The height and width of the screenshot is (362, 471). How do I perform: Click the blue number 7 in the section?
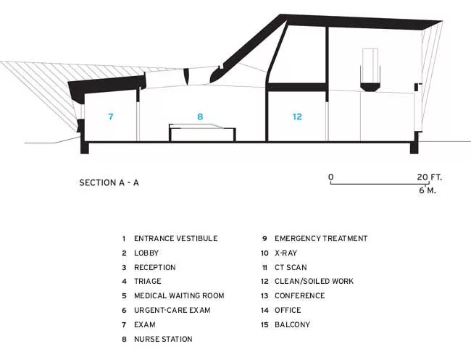pyautogui.click(x=111, y=117)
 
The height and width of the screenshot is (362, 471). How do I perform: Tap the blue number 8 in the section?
pyautogui.click(x=200, y=117)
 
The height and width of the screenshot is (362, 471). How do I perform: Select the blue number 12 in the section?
pyautogui.click(x=297, y=117)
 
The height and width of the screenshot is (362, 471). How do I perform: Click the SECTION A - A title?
pyautogui.click(x=109, y=182)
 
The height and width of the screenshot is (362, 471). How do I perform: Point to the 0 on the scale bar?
pyautogui.click(x=330, y=177)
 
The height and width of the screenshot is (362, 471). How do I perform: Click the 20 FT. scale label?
pyautogui.click(x=429, y=177)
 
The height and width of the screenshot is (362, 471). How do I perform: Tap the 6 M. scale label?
pyautogui.click(x=428, y=190)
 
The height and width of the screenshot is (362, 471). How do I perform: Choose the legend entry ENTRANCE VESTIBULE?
pyautogui.click(x=176, y=238)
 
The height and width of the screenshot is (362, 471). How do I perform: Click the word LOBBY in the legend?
pyautogui.click(x=146, y=253)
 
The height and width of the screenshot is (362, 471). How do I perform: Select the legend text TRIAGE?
pyautogui.click(x=148, y=281)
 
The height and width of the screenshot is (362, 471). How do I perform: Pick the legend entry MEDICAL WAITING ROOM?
pyautogui.click(x=179, y=295)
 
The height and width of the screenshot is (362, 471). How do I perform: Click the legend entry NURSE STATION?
pyautogui.click(x=163, y=339)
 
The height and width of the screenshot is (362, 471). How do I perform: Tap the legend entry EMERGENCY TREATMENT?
pyautogui.click(x=321, y=238)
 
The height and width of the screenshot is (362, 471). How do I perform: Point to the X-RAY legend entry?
pyautogui.click(x=285, y=253)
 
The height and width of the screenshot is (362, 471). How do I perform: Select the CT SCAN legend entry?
pyautogui.click(x=291, y=267)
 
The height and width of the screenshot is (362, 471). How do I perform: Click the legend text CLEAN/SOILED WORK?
pyautogui.click(x=314, y=281)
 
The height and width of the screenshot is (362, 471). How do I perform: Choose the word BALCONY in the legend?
pyautogui.click(x=292, y=324)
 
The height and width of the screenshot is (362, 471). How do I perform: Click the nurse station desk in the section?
pyautogui.click(x=202, y=132)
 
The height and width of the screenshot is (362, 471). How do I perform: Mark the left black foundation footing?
pyautogui.click(x=84, y=148)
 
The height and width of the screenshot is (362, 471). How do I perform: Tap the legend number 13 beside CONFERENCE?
pyautogui.click(x=264, y=295)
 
